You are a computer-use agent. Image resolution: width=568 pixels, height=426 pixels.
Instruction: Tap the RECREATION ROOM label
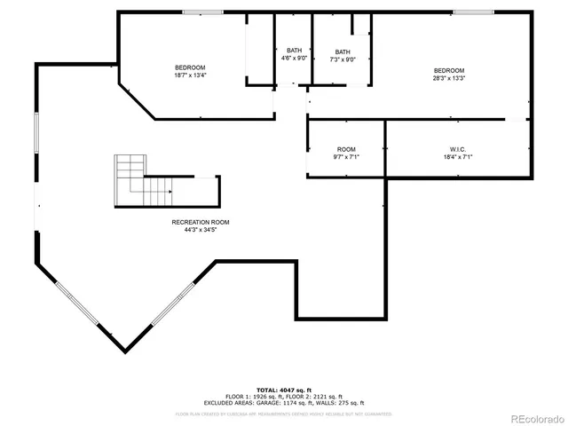[201, 222]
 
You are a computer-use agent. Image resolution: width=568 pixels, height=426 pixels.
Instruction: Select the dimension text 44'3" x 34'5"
[201, 230]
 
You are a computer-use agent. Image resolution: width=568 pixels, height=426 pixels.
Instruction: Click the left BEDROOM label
[190, 68]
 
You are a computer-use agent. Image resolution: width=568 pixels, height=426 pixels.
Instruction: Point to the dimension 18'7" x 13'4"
[190, 76]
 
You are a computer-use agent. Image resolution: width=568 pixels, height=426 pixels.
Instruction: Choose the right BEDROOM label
[448, 70]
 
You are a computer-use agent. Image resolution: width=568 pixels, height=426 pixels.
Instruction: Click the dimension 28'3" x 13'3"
[448, 78]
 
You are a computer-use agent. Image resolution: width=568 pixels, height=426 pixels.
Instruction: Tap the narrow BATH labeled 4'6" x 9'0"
[294, 54]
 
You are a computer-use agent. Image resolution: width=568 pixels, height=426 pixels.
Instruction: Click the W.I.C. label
[458, 148]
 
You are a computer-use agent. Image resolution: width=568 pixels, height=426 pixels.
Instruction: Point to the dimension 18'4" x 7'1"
[458, 156]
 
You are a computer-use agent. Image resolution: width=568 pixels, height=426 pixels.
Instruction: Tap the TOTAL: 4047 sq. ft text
[284, 390]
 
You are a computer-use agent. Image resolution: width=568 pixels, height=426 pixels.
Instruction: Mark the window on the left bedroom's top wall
[196, 12]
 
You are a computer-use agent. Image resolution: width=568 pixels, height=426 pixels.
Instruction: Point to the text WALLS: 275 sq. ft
[341, 402]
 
